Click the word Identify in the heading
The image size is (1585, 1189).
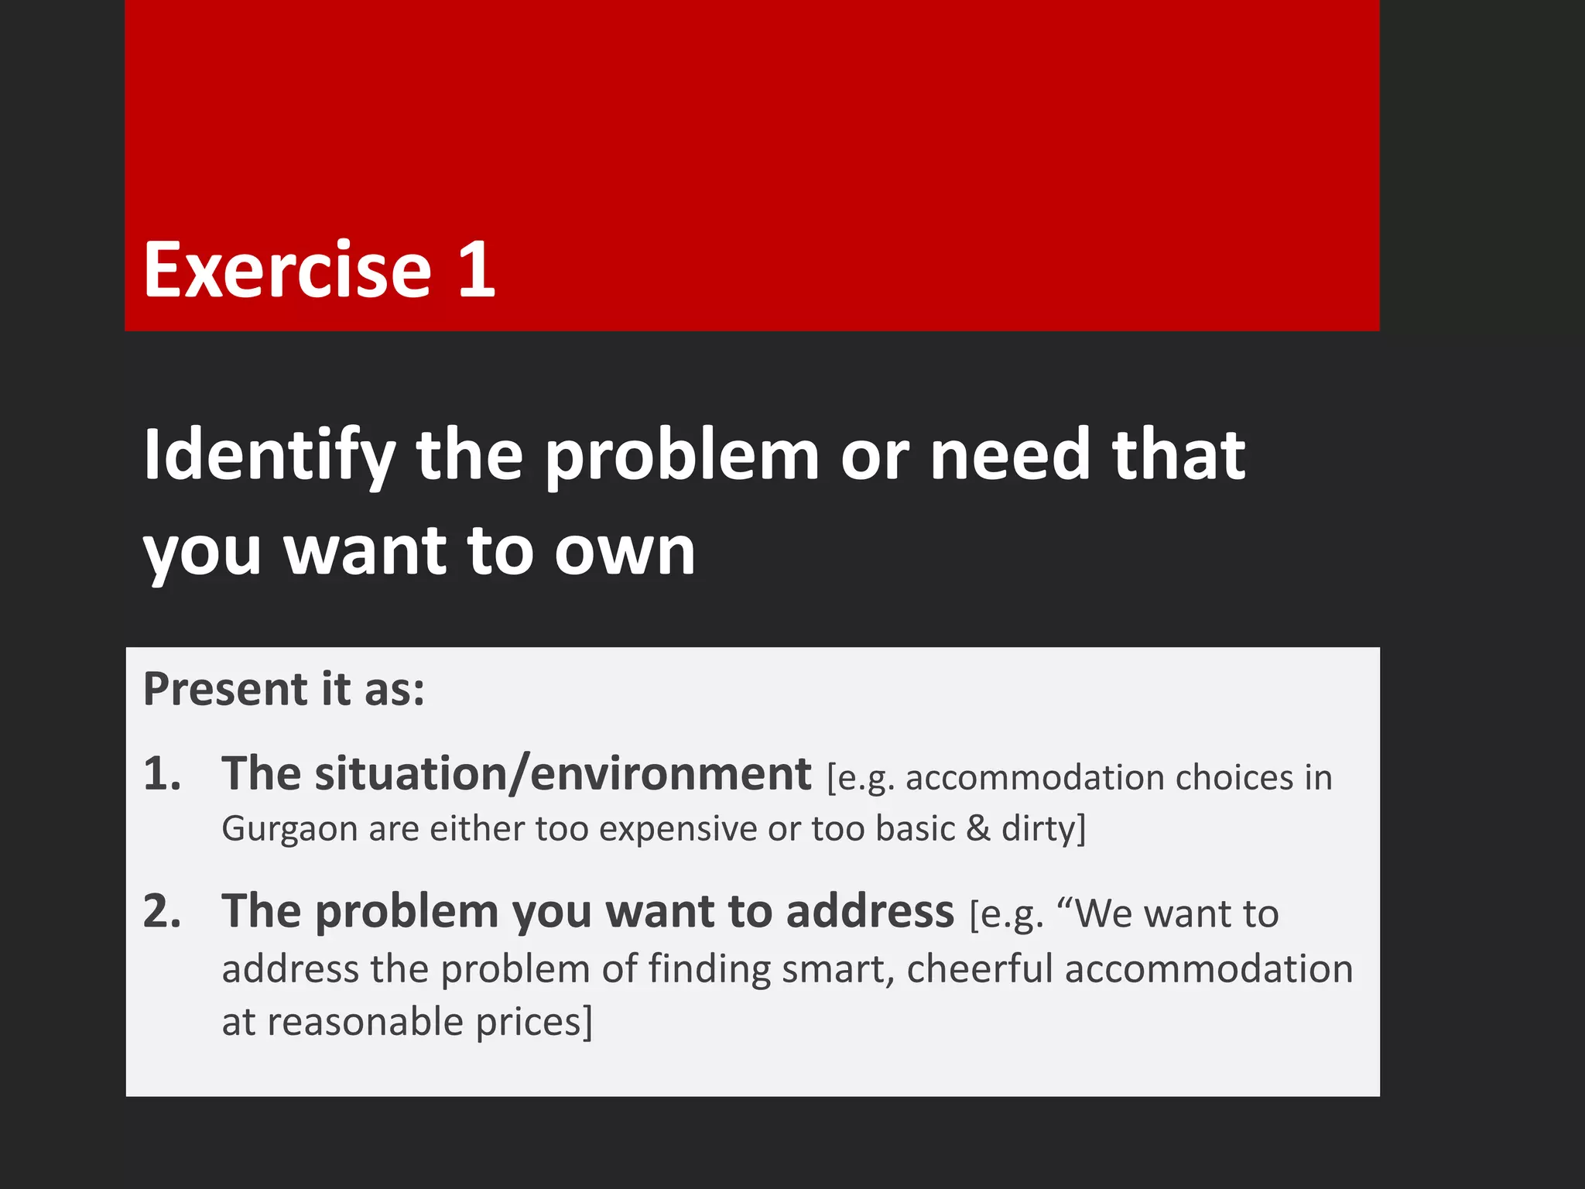coord(269,457)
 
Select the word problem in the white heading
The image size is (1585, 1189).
coord(682,457)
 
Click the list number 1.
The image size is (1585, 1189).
coord(162,774)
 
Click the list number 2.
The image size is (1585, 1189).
coord(162,911)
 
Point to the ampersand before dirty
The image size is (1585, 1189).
coord(978,828)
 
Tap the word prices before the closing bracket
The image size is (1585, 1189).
coord(528,1023)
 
